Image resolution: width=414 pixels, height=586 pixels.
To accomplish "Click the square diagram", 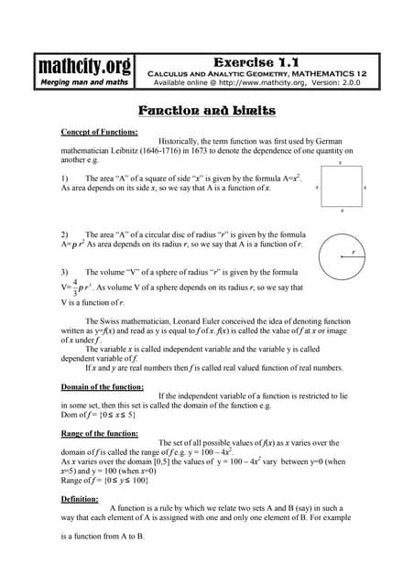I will pos(340,187).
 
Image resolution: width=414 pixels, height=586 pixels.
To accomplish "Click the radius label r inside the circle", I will pos(353,252).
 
